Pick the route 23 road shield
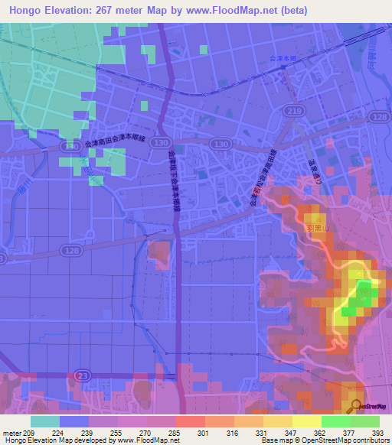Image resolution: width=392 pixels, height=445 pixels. pos(83,375)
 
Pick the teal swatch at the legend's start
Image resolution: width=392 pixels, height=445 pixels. pos(44,421)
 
